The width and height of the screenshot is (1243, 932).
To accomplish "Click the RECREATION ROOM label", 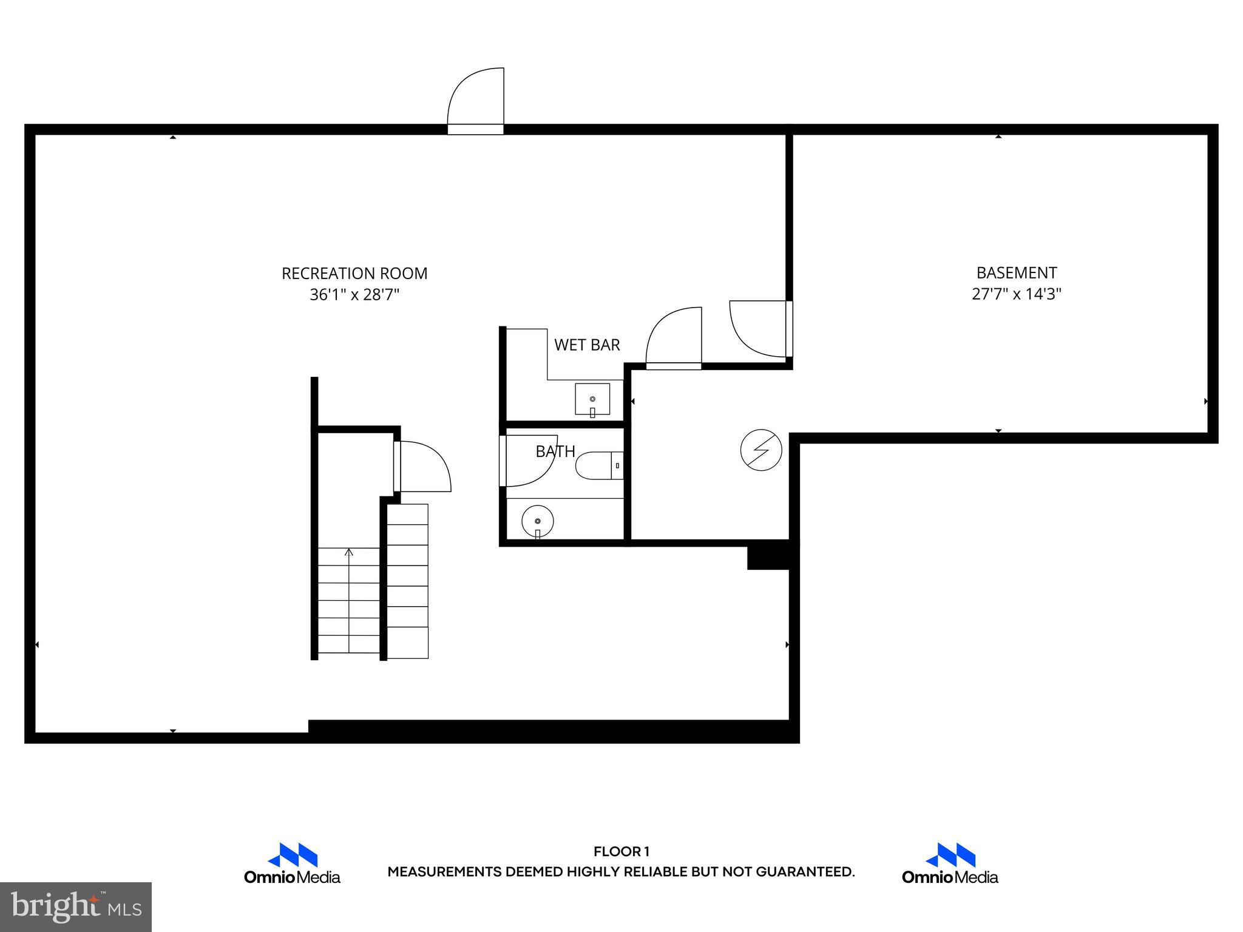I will click(354, 274).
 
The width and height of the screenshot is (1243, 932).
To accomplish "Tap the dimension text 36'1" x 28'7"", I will click(354, 295).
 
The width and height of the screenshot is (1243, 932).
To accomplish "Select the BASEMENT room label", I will click(1016, 273).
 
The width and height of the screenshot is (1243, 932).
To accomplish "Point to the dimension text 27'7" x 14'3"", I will click(1016, 294).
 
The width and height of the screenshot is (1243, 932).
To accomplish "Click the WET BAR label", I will click(587, 345).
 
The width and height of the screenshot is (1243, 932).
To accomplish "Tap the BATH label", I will click(555, 451).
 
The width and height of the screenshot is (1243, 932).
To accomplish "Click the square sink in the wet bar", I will click(592, 399).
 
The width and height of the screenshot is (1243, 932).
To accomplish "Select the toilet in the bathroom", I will click(598, 466).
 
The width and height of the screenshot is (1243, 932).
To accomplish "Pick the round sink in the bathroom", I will click(538, 521).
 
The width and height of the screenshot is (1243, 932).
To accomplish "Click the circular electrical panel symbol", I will click(761, 450).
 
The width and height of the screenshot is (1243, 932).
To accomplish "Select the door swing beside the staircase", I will click(424, 467).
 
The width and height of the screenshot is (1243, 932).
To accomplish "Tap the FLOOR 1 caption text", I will click(621, 852).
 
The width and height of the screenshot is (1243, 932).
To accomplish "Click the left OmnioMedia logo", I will click(292, 863).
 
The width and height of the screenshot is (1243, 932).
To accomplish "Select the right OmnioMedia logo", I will click(950, 863).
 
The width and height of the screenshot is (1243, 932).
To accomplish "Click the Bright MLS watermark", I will click(76, 907).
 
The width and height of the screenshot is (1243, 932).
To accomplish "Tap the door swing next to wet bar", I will click(674, 337).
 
